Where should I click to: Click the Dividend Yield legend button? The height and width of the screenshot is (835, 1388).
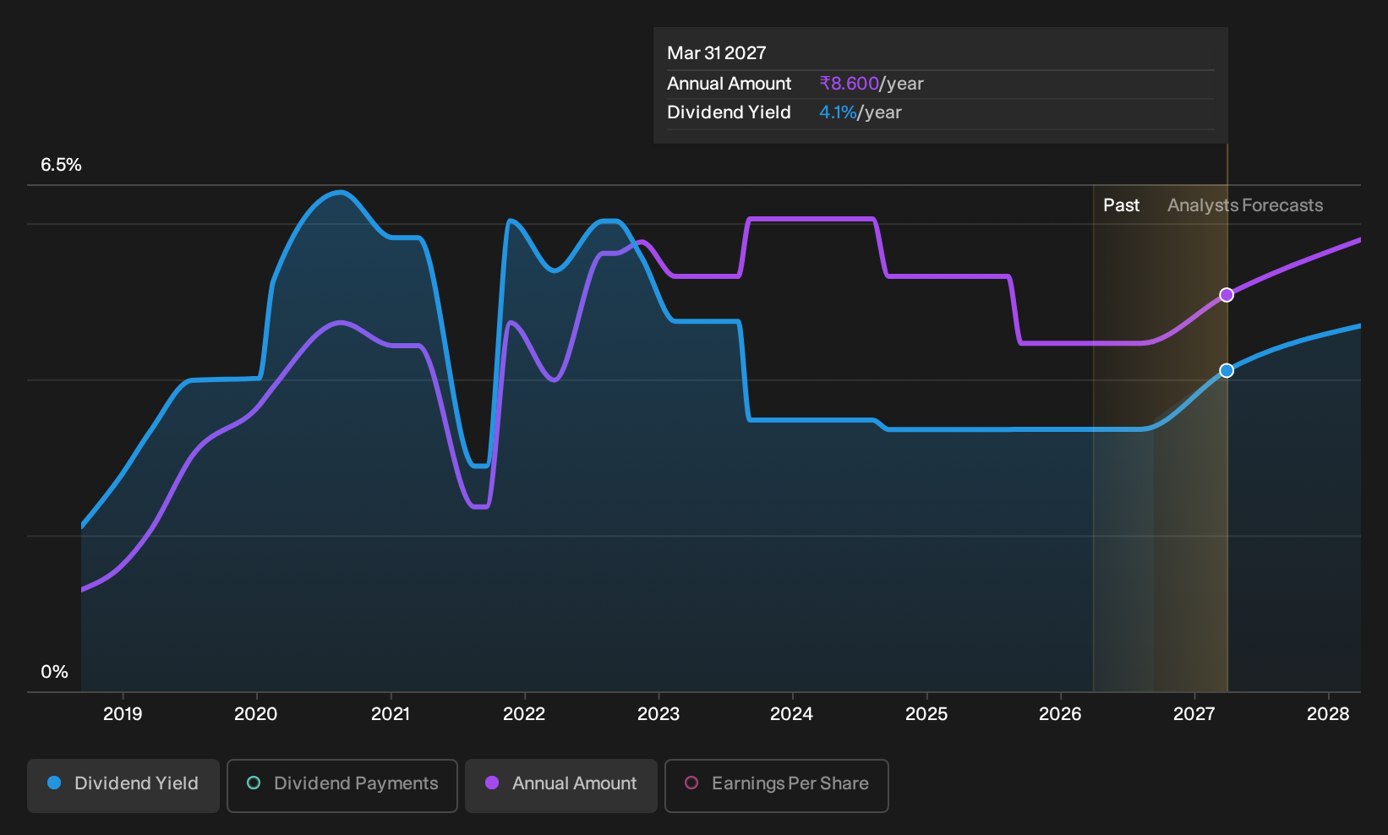(123, 785)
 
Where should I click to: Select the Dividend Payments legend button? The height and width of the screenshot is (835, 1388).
(342, 785)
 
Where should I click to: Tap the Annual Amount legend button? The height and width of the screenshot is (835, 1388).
(560, 785)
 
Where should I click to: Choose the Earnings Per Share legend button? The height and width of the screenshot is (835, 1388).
(776, 785)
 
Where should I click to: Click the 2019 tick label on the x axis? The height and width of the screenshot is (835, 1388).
(123, 713)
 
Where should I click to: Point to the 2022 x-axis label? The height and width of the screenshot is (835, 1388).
(524, 713)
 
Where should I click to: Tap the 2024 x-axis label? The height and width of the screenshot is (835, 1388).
(792, 713)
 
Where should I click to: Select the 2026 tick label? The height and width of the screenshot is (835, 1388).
(1060, 713)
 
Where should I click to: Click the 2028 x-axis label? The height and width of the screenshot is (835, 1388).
(1328, 713)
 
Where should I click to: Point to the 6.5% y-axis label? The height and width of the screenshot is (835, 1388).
(62, 165)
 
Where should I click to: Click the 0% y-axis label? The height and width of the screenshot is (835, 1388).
(55, 672)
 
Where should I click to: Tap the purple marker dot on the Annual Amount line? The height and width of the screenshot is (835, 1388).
(1227, 295)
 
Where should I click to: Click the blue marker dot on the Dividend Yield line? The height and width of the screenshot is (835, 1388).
(1227, 370)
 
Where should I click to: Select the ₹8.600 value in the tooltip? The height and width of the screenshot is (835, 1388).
(849, 84)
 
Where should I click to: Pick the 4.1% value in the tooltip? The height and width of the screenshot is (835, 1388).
(838, 112)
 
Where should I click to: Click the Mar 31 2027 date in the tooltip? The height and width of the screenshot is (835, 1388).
(716, 53)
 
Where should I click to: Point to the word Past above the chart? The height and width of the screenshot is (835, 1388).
(1122, 205)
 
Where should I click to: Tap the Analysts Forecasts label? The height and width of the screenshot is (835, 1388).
(1245, 205)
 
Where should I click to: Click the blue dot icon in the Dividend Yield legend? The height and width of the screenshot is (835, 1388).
(55, 783)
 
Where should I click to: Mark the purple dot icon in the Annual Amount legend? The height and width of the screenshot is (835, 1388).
(492, 783)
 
